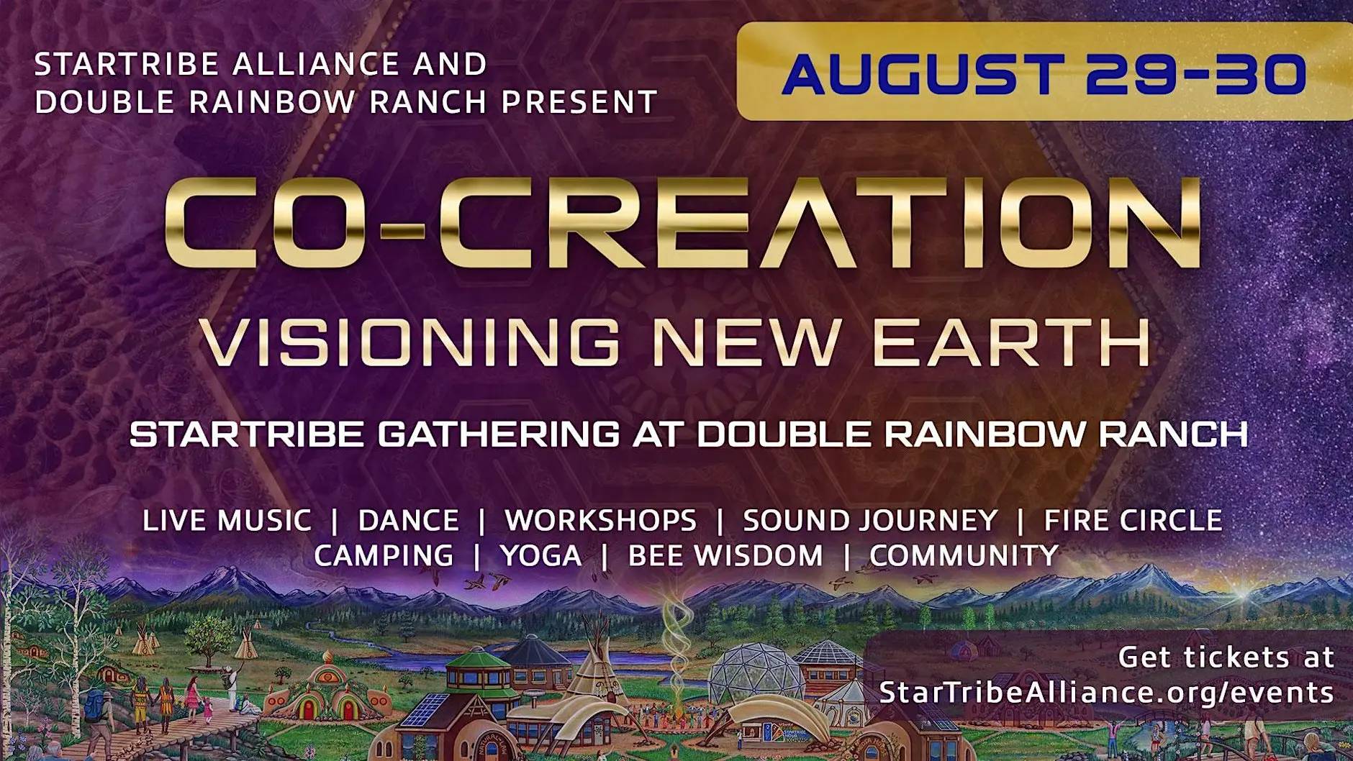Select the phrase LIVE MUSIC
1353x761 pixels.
tap(227, 520)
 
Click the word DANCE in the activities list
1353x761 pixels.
tap(408, 520)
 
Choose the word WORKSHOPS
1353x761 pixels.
tap(600, 520)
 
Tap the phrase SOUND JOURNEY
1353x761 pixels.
tap(870, 520)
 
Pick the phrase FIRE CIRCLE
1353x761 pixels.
tap(1133, 520)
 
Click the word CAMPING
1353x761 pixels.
tap(384, 555)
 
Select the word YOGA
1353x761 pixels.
tap(540, 555)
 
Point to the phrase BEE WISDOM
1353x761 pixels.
tap(725, 555)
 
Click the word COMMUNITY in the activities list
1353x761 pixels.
tap(964, 555)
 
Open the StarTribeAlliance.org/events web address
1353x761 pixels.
tap(1107, 693)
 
